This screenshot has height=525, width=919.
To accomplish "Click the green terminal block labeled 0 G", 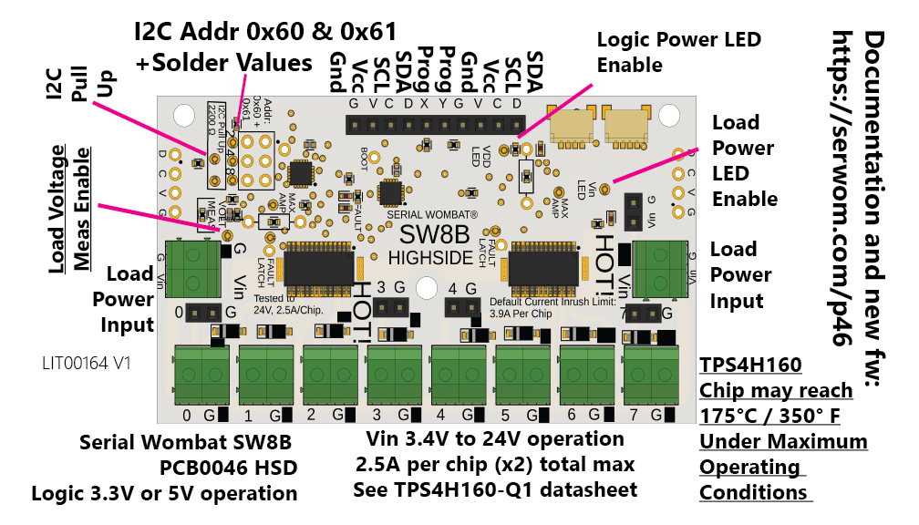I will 201,376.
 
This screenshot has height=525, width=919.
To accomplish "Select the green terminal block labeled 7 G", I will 649,376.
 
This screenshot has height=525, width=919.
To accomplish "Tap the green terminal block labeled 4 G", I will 458,376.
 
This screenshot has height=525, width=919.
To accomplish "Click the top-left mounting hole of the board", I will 182,116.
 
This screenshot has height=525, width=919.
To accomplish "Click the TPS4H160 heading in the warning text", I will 750,365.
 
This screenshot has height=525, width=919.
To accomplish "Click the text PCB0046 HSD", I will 227,468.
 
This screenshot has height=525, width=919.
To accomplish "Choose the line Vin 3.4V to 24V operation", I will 494,439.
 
